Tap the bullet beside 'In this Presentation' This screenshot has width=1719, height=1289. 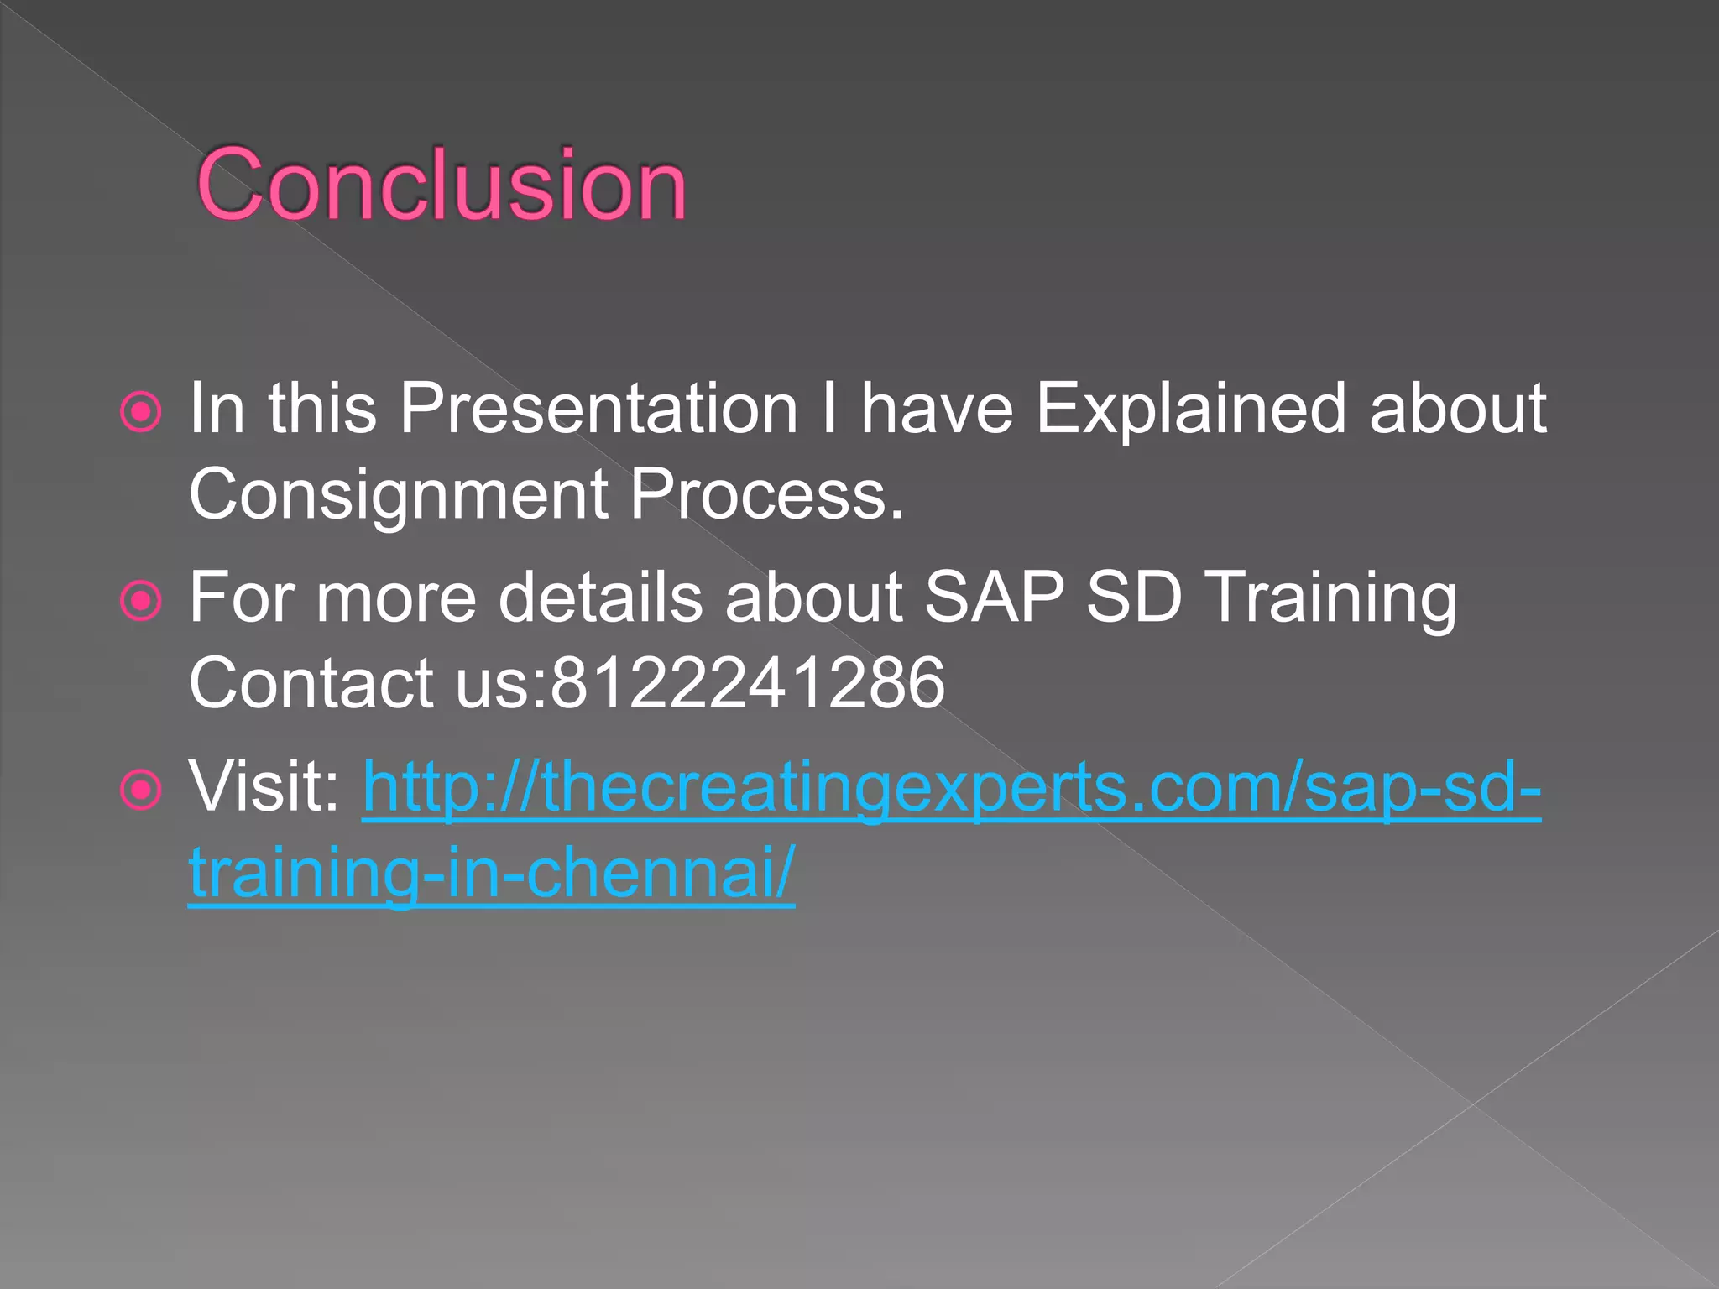(140, 412)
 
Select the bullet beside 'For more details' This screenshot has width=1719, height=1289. (140, 600)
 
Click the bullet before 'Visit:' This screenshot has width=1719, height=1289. (140, 790)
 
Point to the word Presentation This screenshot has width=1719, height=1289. (598, 409)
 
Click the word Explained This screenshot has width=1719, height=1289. (1190, 409)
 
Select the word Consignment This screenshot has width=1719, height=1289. (398, 494)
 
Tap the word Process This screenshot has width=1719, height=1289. (765, 494)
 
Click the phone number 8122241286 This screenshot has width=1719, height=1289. (747, 683)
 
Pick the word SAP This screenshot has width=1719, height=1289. (994, 597)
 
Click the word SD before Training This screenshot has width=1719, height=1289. (1133, 597)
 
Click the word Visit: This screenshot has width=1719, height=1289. (264, 786)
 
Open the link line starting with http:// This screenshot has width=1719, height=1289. (951, 788)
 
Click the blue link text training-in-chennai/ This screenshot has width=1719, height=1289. (491, 873)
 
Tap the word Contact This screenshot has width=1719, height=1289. (311, 683)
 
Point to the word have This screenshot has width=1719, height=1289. (937, 409)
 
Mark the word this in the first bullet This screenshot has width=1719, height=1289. (322, 409)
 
